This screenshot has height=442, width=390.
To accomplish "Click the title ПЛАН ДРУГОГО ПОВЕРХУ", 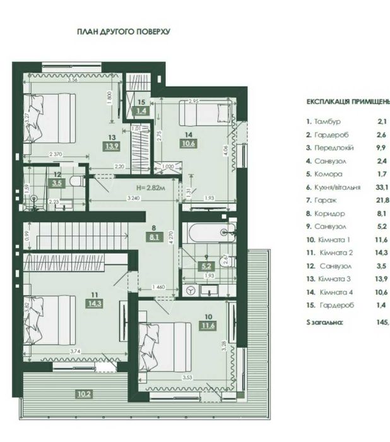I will point(124,30).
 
